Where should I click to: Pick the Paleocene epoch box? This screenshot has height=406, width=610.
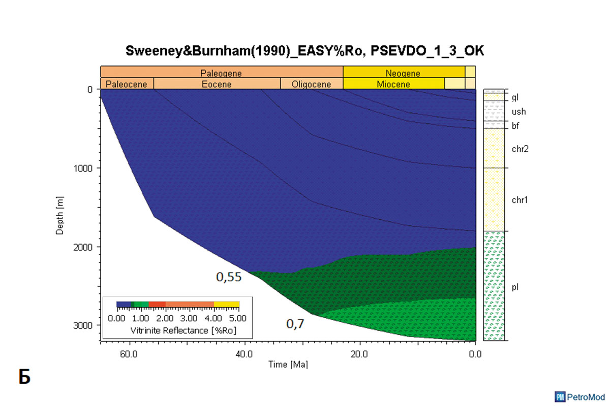tap(127, 84)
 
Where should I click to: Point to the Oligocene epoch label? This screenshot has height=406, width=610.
tap(311, 84)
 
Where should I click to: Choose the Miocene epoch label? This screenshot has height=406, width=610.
tap(393, 84)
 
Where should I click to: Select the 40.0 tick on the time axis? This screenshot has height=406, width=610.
tap(245, 353)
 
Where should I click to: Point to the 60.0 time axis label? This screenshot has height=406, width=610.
tap(129, 353)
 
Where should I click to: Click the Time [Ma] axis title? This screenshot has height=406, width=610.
tap(288, 364)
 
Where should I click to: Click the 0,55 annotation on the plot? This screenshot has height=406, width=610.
tap(227, 277)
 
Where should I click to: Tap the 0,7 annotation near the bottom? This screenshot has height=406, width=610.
tap(295, 323)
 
